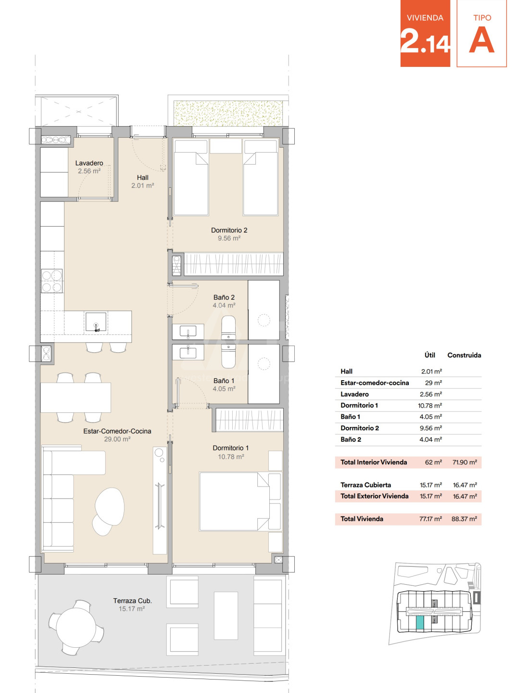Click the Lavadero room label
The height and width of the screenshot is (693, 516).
[x=89, y=163]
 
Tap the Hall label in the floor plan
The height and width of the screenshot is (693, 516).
[x=143, y=178]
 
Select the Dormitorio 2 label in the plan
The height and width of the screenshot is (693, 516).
[x=229, y=230]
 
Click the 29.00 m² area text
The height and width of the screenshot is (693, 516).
[x=117, y=439]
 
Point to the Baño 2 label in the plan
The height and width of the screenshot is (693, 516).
[x=224, y=297]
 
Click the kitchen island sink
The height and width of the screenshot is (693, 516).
[x=96, y=322]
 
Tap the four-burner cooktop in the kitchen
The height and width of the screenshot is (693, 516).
[x=52, y=281]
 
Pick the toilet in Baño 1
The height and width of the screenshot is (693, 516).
[x=228, y=356]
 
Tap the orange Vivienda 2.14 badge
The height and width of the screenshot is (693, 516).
[x=425, y=33]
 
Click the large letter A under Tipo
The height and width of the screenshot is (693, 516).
[x=482, y=40]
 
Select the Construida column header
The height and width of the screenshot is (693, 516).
[x=464, y=355]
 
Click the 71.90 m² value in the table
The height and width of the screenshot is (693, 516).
[x=465, y=462]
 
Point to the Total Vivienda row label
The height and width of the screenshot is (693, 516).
[x=362, y=519]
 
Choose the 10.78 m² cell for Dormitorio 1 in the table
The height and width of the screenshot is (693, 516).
[x=430, y=406]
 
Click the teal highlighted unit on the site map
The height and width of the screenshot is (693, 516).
[x=420, y=623]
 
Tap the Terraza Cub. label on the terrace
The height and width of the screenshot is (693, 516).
[x=132, y=601]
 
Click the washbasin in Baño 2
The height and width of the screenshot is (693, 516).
[x=188, y=332]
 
